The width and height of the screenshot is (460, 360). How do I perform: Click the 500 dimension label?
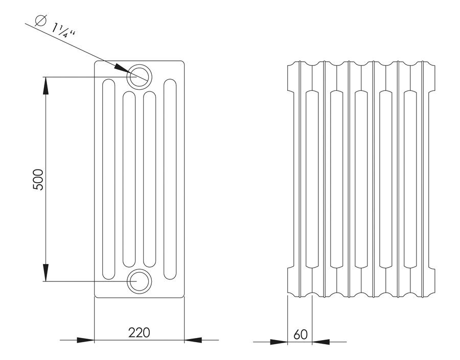38,179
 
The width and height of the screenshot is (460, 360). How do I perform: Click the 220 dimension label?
139,332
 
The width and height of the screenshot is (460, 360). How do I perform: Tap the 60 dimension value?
300,334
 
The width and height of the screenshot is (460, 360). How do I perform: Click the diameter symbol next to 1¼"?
40,20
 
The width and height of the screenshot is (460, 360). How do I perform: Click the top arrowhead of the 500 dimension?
45,86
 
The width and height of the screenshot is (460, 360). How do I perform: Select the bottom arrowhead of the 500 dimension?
45,272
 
